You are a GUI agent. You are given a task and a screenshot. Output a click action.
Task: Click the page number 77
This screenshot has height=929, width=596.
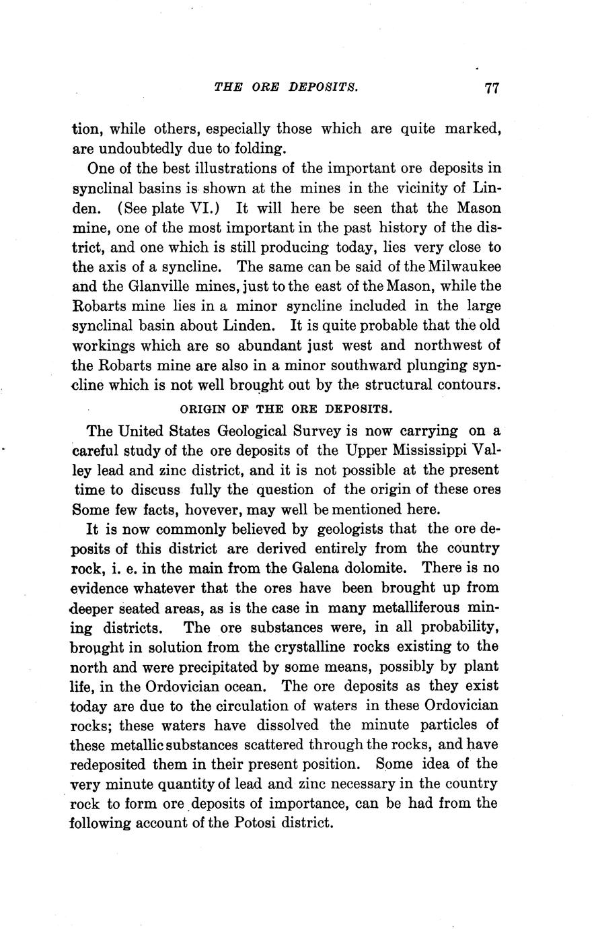tap(490, 89)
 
